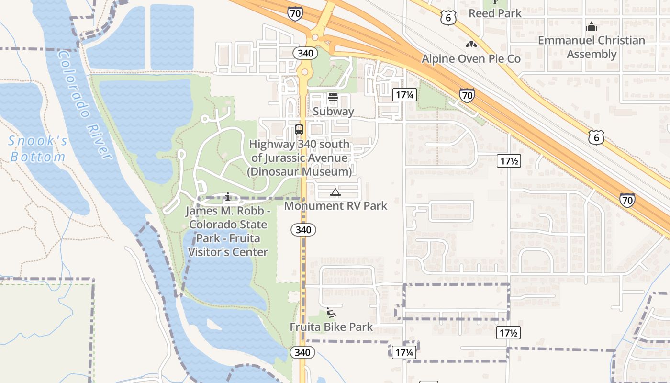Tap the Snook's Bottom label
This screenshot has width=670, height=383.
pos(38,149)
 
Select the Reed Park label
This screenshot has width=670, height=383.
pos(495,13)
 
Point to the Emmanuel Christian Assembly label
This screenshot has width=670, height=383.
pos(592,47)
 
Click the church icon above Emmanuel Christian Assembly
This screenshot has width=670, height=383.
pos(592,26)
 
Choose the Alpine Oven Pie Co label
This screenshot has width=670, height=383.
pos(471,59)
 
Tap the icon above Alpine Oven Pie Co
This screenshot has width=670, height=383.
pos(471,45)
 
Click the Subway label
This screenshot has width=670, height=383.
pos(334,112)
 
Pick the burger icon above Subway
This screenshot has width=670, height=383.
pos(333,97)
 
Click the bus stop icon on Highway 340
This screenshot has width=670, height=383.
pos(299,129)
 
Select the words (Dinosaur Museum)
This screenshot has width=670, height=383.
pos(299,171)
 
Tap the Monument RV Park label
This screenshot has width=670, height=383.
pos(335,206)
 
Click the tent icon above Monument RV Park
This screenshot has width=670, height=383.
pos(335,192)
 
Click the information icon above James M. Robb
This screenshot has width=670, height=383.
pos(228,196)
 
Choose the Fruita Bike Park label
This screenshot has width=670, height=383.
pos(331,327)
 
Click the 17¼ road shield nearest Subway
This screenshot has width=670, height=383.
pos(404,95)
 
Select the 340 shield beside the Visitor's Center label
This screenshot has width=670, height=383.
pos(303,230)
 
